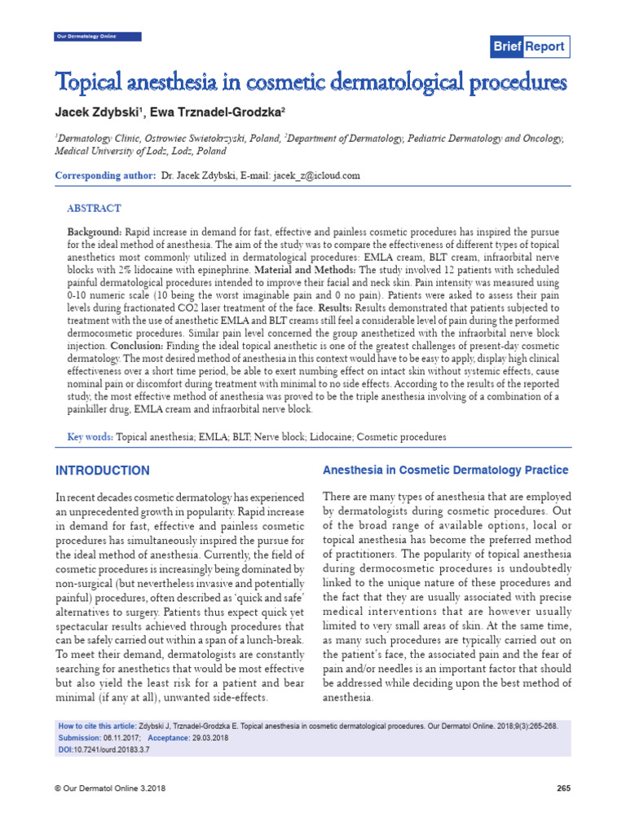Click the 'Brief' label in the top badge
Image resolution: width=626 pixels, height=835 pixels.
coord(506,46)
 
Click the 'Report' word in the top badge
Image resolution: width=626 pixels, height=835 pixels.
coord(544,46)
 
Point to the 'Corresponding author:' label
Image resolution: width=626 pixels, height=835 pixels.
coord(104,175)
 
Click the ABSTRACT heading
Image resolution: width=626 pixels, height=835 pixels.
coord(94,209)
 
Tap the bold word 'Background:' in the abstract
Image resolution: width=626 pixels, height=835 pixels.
coord(94,233)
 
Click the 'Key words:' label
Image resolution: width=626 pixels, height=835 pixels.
coord(90,437)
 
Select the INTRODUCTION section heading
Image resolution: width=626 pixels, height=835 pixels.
coord(102,471)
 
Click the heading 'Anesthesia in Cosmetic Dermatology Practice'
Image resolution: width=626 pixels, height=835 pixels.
coord(446,471)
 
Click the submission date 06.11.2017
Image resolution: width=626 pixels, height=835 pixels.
coord(129,736)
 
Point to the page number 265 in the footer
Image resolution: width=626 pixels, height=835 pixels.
coord(562,788)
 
